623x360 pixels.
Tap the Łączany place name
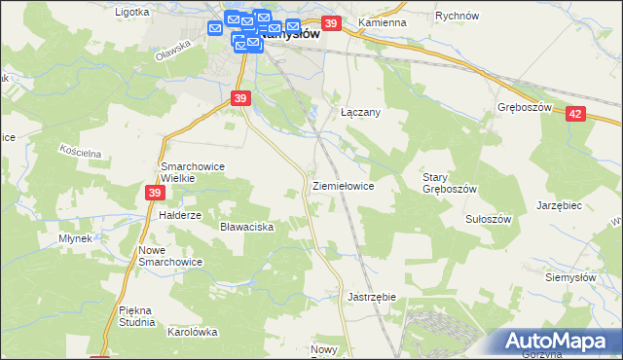click(360, 112)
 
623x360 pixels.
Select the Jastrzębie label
click(371, 296)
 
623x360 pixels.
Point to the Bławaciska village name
click(246, 227)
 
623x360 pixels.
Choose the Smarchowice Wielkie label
click(193, 172)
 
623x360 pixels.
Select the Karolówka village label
click(192, 331)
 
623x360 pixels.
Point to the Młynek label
click(74, 238)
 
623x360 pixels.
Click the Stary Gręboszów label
click(449, 183)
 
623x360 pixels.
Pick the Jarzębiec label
click(560, 205)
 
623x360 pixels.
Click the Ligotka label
click(132, 13)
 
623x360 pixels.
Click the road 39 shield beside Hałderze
click(156, 194)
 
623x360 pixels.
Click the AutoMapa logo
click(562, 342)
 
